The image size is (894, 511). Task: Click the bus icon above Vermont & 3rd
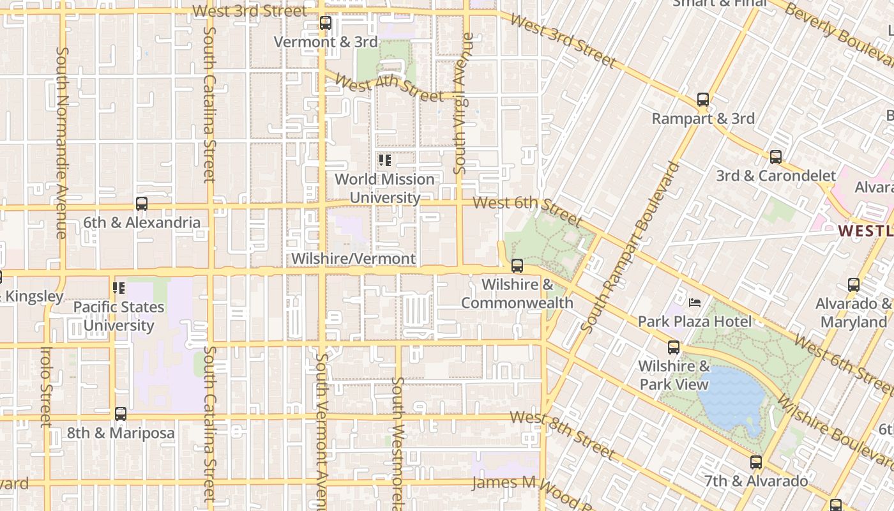coord(326,24)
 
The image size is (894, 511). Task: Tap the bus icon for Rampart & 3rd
coord(703,100)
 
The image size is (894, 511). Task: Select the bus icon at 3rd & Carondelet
coord(776,157)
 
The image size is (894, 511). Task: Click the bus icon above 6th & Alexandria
coord(142,204)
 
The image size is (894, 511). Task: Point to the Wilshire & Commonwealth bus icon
coord(517,266)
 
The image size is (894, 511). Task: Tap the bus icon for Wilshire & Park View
coord(674,347)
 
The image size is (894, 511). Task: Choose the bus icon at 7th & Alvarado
coord(756,462)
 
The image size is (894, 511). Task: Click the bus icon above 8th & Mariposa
coord(121,414)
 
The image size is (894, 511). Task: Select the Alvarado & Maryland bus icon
coord(854,285)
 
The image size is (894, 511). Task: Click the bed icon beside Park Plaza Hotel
coord(695,302)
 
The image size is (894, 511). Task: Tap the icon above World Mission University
coord(384,160)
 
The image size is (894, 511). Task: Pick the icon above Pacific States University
coord(119,288)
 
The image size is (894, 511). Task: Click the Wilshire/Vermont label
coord(353,259)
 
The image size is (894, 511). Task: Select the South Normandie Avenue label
coord(61,142)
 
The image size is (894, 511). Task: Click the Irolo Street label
coord(45,386)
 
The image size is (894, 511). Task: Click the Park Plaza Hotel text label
coord(695,321)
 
